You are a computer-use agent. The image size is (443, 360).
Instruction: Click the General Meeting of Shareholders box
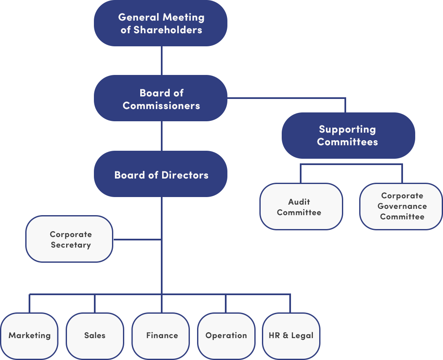pos(161,23)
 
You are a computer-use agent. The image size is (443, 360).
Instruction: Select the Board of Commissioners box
pos(161,99)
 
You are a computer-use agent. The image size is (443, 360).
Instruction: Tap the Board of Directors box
pos(161,174)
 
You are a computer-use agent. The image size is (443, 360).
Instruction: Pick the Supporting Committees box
pos(348,136)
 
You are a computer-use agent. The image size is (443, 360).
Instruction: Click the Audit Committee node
pos(301,207)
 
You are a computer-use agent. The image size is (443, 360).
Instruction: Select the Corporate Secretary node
pos(69,239)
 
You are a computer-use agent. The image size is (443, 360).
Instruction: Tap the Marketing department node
pos(29,336)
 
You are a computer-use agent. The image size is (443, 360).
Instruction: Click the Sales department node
pos(95,336)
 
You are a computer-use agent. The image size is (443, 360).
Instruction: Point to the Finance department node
pos(162,336)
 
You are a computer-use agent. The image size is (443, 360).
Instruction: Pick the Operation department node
pos(226,336)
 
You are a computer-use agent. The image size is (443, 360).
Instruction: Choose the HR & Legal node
pos(291,336)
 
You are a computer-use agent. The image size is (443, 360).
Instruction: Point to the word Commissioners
pos(161,105)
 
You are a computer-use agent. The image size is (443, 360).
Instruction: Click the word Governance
pos(402,206)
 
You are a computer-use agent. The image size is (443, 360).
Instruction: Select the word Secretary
pos(71,245)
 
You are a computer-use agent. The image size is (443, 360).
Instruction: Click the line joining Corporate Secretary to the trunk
pos(137,239)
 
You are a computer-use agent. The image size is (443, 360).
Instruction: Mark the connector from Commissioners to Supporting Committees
pos(286,99)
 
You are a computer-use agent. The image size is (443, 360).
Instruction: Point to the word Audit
pos(299,202)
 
